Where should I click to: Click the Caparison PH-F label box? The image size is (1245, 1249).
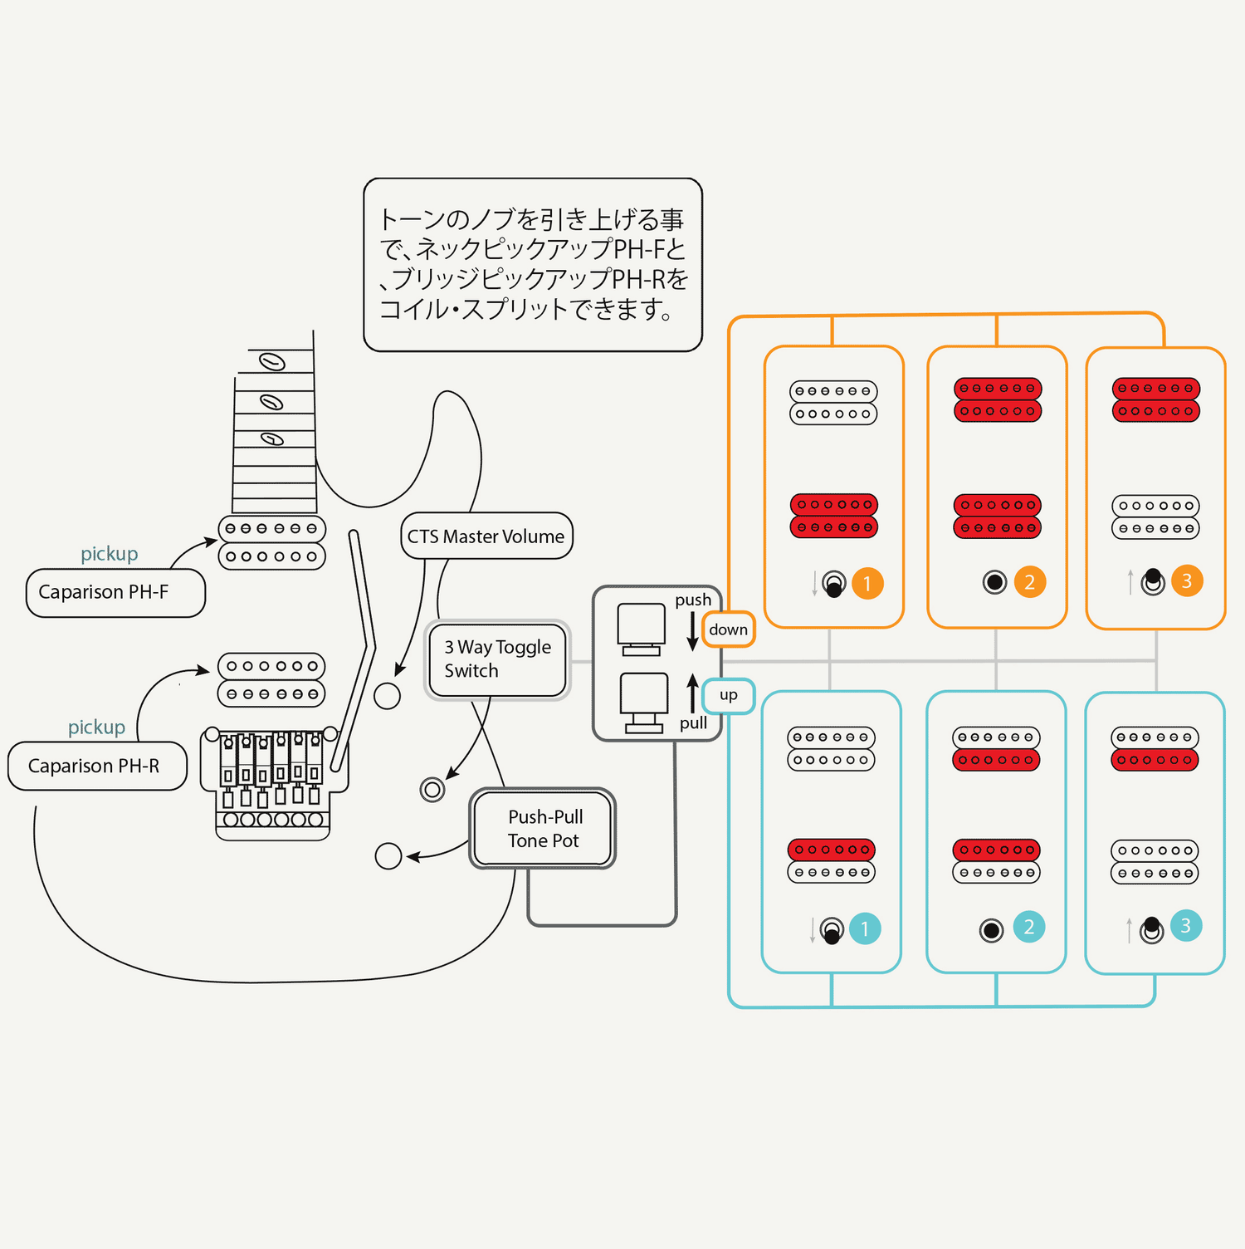point(115,593)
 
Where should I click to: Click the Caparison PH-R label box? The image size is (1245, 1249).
point(97,766)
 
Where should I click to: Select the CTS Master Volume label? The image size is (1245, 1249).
point(486,536)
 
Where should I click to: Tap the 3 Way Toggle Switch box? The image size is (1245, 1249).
point(497,659)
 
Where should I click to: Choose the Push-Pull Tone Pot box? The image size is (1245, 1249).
point(543,828)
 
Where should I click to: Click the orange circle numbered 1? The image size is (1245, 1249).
point(867,584)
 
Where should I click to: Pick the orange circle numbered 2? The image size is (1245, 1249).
point(1029,582)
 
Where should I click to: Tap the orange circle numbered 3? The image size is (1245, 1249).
point(1187,581)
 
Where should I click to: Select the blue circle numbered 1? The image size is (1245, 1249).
point(864,928)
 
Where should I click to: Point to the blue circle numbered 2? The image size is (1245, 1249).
point(1028,927)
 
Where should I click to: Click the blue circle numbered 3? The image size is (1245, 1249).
point(1185,926)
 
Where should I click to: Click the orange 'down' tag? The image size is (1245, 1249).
point(729,629)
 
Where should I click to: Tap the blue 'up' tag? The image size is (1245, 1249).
point(729,695)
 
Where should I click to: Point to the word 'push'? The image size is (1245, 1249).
point(693,600)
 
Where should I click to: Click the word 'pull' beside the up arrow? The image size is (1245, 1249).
point(693,723)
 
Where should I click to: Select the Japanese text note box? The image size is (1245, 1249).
point(533,265)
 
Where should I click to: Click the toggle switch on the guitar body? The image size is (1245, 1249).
point(432,789)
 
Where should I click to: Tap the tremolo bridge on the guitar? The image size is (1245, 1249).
point(273,781)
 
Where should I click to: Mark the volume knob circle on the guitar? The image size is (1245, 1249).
point(387,696)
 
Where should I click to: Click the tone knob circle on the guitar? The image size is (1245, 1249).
point(388,855)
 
